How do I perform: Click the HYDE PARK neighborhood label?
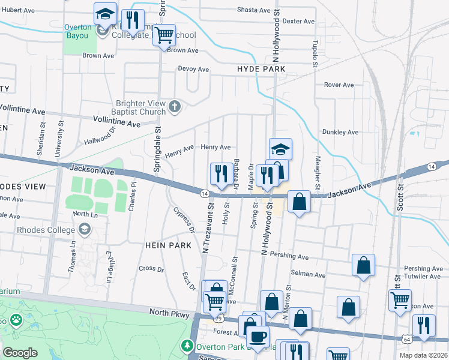point(261,70)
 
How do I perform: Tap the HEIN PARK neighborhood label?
point(167,245)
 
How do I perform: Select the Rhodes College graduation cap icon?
point(85,229)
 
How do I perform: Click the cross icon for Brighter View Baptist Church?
point(175,107)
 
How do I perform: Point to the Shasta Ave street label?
point(254,10)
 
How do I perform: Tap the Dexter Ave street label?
point(298,21)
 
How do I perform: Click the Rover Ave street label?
point(339,85)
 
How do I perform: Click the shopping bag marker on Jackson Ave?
point(299,202)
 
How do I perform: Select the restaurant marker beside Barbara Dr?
point(221,174)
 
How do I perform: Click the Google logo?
point(20,353)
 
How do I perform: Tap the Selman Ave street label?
point(309,275)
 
